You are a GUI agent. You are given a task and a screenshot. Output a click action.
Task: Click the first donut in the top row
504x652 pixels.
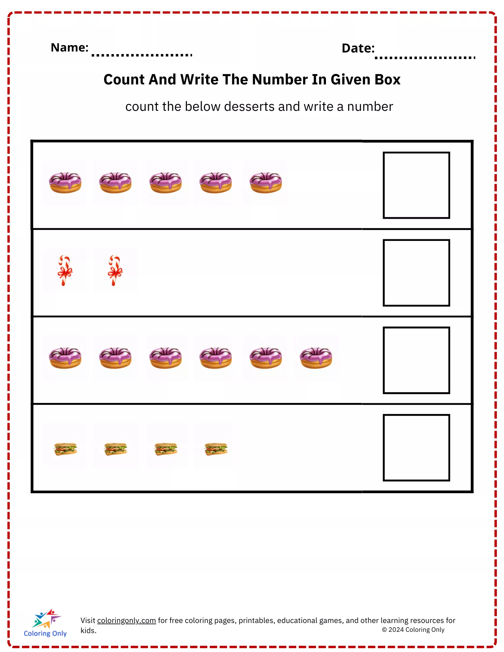[65, 183]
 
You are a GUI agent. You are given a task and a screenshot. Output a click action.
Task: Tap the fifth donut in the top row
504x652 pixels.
[266, 183]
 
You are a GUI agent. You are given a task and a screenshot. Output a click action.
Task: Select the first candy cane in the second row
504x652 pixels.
[65, 270]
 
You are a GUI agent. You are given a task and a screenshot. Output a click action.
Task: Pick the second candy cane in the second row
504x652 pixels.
[115, 270]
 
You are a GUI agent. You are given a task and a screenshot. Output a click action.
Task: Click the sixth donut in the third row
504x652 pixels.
[316, 358]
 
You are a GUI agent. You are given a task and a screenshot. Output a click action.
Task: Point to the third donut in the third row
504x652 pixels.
[166, 358]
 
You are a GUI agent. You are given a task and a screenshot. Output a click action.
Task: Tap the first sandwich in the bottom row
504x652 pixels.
[65, 449]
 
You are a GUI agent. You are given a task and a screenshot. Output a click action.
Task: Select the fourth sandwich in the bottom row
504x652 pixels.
[216, 449]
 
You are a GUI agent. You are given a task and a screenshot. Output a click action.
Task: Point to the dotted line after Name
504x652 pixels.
[142, 55]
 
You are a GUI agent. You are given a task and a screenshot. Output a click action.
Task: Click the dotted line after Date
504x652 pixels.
[425, 58]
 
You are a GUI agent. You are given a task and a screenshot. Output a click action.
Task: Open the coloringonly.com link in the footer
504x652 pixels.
[127, 620]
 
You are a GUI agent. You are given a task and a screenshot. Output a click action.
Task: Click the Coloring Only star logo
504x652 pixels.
[47, 618]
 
